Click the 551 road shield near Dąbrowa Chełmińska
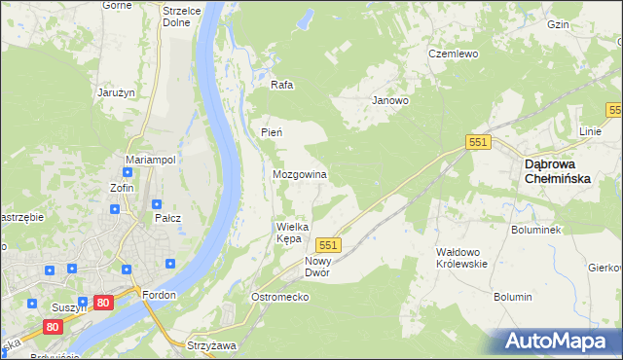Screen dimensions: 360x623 point(477,142)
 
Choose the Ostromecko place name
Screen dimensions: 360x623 point(280,297)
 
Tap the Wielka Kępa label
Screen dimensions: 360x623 point(291,232)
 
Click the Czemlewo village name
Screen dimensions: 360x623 point(454,54)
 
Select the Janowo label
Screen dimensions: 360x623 point(389,100)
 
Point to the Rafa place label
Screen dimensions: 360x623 point(282,85)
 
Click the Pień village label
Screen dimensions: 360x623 point(271,132)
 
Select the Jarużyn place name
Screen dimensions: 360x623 point(115,92)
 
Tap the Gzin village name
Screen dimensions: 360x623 point(585,24)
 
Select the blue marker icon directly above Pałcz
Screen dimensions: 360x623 point(156,204)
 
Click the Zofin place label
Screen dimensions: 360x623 point(122,188)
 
